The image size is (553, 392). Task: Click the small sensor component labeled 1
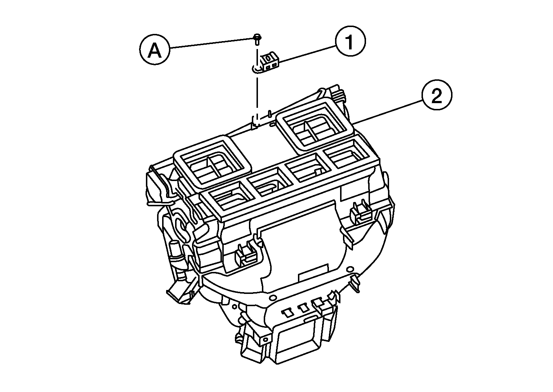[x=269, y=62]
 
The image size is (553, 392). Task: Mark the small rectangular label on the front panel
[x=313, y=274]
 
